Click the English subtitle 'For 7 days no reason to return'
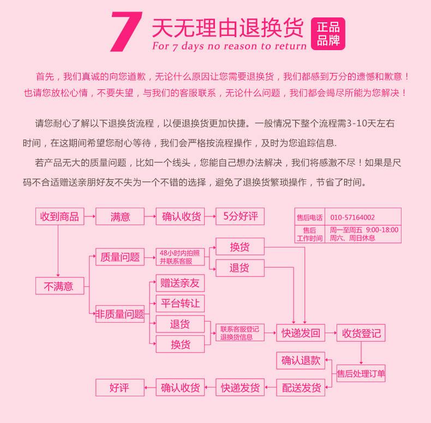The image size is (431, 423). click(229, 46)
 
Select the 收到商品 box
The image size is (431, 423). click(59, 216)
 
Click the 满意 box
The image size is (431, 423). click(120, 216)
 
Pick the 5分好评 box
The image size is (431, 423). click(240, 216)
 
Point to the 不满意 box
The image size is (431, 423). click(59, 286)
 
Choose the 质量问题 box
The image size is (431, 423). click(120, 257)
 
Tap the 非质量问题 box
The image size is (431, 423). click(120, 314)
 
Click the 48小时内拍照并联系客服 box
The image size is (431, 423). click(180, 257)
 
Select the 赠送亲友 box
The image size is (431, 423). click(180, 283)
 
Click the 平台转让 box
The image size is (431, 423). click(180, 304)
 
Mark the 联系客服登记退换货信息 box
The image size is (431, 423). click(240, 333)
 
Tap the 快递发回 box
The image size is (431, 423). click(301, 333)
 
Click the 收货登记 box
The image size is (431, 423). click(361, 333)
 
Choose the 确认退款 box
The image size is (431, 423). click(301, 360)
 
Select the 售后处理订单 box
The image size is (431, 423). click(361, 373)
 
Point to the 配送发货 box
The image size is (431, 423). click(301, 388)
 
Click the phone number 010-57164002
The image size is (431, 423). click(352, 217)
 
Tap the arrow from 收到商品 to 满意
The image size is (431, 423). click(89, 216)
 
